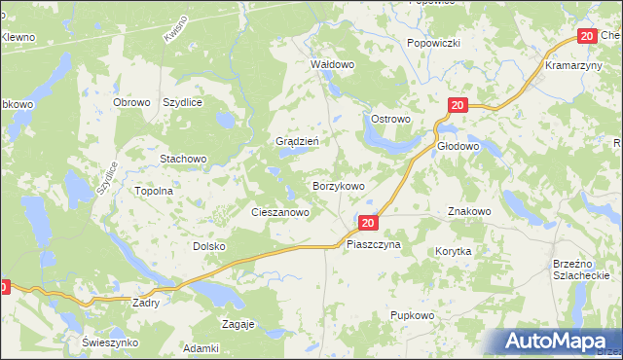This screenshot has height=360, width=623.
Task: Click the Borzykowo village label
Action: [338, 185]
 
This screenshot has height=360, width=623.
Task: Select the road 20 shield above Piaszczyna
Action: [367, 223]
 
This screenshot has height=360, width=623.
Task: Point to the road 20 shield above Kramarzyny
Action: [586, 36]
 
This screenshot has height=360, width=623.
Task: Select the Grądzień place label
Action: [299, 140]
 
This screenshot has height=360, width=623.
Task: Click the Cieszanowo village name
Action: [280, 211]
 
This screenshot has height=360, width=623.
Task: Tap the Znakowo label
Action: [469, 211]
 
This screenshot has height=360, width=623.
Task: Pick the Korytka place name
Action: [454, 251]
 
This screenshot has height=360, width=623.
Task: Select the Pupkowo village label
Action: [411, 315]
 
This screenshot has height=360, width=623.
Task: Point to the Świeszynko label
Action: [111, 343]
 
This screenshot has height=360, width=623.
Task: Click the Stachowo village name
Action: [184, 158]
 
